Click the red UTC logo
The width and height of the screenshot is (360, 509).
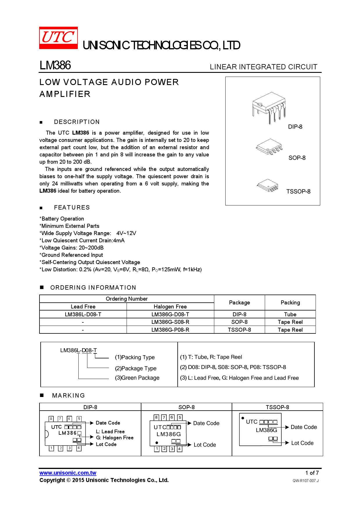[58, 38]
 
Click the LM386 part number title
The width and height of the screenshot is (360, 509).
[55, 65]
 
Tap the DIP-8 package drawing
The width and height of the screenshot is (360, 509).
[269, 107]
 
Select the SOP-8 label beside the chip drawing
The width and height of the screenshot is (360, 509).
[297, 158]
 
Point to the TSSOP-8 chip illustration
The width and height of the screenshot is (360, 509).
[267, 185]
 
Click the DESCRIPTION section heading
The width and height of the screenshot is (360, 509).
[77, 122]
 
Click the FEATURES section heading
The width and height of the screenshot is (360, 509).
[72, 207]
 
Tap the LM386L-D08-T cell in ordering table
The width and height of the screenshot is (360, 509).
[83, 314]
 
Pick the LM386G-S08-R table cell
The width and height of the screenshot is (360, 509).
[170, 322]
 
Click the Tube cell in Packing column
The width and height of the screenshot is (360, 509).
[290, 314]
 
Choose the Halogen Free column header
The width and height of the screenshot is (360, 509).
[170, 307]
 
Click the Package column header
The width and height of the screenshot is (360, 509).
[239, 303]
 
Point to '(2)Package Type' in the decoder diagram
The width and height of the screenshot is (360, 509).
[136, 368]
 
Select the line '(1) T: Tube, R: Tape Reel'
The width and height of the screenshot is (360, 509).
[211, 357]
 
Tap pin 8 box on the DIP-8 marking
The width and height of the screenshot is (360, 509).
[51, 419]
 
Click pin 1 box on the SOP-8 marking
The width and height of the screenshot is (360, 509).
[157, 449]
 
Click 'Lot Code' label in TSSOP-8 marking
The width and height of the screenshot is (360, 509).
[302, 443]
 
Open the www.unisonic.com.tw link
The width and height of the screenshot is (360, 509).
[68, 473]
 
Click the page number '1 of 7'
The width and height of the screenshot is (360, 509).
[312, 473]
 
